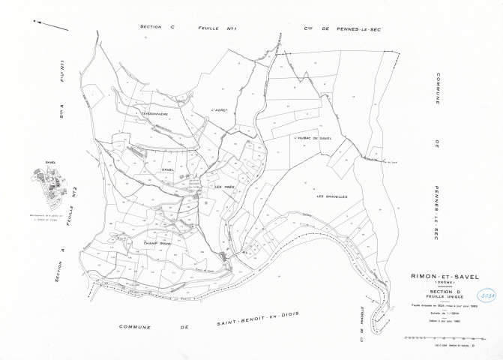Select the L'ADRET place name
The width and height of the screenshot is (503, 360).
220,109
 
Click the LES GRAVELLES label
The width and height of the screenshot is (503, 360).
332,196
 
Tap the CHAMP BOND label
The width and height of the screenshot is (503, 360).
143,243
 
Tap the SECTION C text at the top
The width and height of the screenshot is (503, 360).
157,27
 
